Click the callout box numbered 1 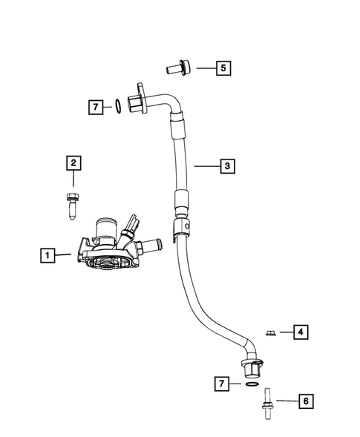click(x=47, y=257)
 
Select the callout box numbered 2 click(x=73, y=162)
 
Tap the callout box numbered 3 click(x=226, y=167)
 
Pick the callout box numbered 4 click(x=300, y=332)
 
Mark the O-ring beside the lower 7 click(x=251, y=385)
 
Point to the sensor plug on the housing click(x=134, y=224)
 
